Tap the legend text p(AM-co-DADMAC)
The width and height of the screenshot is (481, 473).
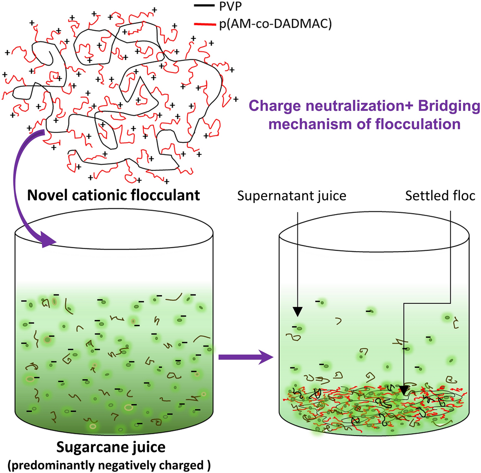(x=275, y=24)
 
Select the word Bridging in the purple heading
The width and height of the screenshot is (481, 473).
(x=449, y=106)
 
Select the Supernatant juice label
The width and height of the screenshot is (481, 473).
(x=292, y=196)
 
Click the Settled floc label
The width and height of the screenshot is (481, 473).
(x=440, y=196)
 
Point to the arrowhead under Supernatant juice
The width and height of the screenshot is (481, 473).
(x=298, y=312)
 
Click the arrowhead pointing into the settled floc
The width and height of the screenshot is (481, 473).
(x=404, y=391)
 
